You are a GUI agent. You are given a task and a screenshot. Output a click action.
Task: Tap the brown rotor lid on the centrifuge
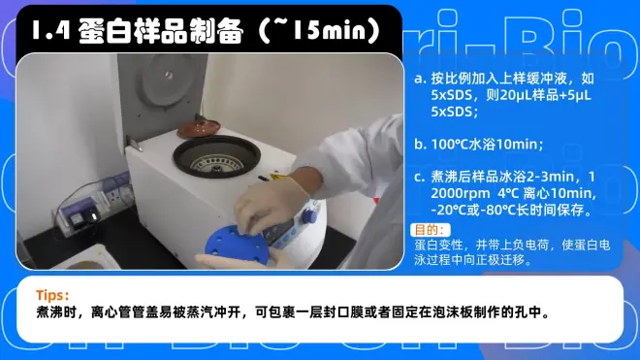tap(199, 127)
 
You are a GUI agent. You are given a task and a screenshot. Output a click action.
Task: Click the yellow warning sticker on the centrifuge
tap(278, 177)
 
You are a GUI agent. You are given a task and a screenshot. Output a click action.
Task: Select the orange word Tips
tap(52, 295)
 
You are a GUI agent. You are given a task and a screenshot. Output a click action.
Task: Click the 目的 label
tap(429, 230)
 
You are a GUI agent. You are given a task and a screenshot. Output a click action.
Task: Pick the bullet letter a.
tap(421, 79)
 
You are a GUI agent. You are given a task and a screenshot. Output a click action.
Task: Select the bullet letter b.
tap(421, 144)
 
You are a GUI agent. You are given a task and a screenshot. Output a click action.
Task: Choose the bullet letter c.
tap(420, 177)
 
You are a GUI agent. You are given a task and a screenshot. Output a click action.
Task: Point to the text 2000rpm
tap(461, 193)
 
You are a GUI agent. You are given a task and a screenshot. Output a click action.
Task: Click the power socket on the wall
tap(117, 187)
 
